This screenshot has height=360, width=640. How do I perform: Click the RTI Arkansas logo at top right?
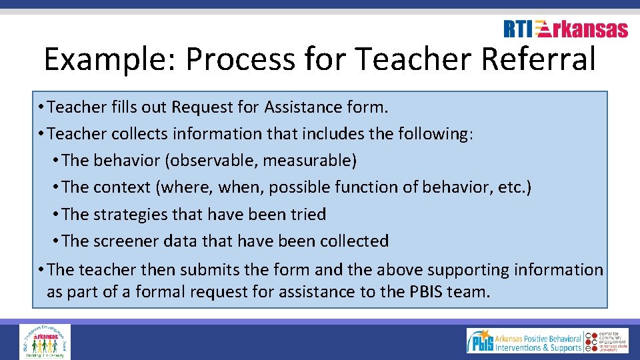click(x=565, y=29)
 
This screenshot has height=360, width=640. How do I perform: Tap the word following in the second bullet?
click(x=433, y=134)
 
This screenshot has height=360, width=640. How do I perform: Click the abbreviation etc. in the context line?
click(x=514, y=187)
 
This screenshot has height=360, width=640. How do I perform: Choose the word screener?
click(x=127, y=241)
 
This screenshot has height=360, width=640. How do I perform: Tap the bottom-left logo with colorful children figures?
click(x=45, y=342)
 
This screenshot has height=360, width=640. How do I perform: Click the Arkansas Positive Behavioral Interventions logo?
click(x=525, y=341)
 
